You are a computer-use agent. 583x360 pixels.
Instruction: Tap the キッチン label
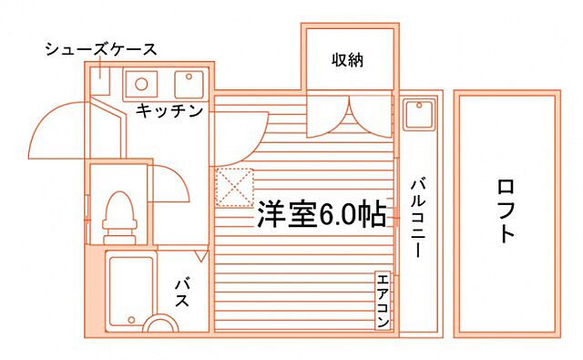[x=169, y=110]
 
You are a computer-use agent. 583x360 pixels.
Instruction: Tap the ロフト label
[x=506, y=212]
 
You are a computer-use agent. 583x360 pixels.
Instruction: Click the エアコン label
[x=384, y=301]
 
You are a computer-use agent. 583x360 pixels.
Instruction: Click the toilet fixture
[x=118, y=215]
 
